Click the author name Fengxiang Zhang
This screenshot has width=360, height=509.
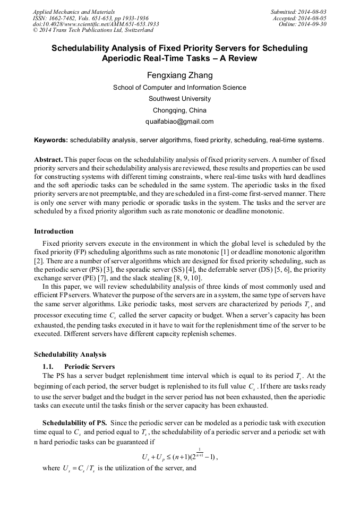click(x=179, y=75)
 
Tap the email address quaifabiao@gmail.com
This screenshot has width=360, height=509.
click(x=179, y=122)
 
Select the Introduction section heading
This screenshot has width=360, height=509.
click(x=54, y=231)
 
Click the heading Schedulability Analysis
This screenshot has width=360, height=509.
click(x=70, y=355)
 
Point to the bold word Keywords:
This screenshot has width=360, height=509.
click(x=50, y=140)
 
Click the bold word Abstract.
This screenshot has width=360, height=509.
click(x=49, y=160)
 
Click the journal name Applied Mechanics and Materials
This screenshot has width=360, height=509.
click(x=74, y=12)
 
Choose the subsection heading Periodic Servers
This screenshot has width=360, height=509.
click(x=89, y=366)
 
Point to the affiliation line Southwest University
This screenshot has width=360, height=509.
click(x=179, y=99)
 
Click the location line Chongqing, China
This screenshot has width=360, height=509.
click(x=179, y=110)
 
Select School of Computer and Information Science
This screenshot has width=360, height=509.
click(x=179, y=88)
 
